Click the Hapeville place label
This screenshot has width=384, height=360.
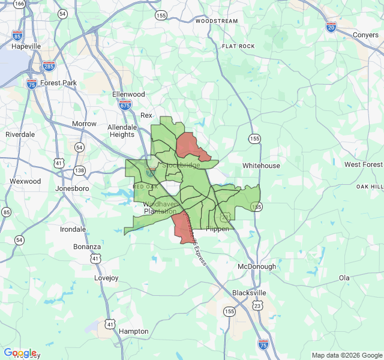(x=26, y=46)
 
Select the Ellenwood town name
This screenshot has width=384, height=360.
(x=128, y=94)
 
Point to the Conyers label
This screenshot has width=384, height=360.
(x=365, y=35)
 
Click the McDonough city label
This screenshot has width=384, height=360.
(x=257, y=266)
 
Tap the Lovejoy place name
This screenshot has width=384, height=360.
(x=108, y=278)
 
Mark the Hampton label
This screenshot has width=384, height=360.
(x=133, y=331)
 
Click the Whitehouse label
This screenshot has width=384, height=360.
(x=261, y=166)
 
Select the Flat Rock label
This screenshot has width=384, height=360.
(x=238, y=46)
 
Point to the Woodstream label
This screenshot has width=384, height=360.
(x=217, y=21)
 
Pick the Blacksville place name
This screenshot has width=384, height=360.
(x=249, y=293)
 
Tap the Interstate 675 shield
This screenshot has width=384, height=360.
(x=125, y=105)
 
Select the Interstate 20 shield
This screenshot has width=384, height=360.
(x=331, y=26)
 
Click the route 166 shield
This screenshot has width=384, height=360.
(x=20, y=4)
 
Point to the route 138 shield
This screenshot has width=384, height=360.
(x=79, y=170)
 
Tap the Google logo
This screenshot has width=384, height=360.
(x=20, y=353)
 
